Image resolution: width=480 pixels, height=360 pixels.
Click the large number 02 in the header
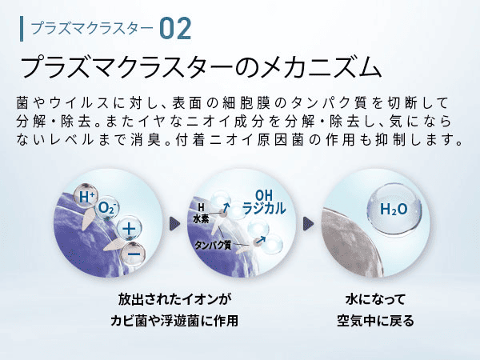click(x=175, y=29)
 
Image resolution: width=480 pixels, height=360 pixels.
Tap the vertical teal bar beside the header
click(x=22, y=29)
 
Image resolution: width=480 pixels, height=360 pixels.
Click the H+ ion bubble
click(x=86, y=196)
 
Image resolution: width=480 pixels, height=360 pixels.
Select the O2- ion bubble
click(x=107, y=208)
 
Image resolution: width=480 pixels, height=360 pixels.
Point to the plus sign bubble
click(x=129, y=229)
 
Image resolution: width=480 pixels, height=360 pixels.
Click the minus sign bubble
click(x=134, y=254)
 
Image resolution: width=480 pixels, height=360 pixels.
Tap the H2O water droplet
click(x=394, y=209)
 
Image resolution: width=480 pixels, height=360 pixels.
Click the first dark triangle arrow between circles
click(x=174, y=224)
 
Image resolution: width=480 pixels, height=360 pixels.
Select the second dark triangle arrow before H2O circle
click(x=308, y=224)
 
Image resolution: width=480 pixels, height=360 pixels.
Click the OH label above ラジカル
click(x=264, y=195)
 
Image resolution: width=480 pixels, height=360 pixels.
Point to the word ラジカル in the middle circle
click(x=264, y=209)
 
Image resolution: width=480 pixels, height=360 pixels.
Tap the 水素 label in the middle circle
click(x=201, y=219)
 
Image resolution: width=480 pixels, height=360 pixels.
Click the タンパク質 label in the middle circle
click(x=213, y=246)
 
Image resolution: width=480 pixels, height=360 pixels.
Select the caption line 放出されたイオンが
click(x=174, y=299)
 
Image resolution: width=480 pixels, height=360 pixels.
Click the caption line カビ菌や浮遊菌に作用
click(x=174, y=321)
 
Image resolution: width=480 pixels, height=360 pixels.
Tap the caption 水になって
click(x=375, y=299)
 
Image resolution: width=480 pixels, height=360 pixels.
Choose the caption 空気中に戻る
click(x=375, y=321)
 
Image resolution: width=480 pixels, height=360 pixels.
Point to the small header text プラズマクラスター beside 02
click(x=92, y=29)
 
